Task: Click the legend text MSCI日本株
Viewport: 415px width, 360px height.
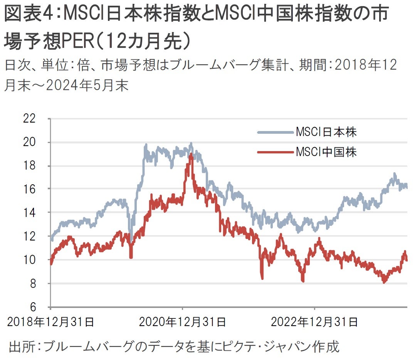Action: click(326, 132)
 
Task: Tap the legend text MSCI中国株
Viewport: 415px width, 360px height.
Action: click(326, 152)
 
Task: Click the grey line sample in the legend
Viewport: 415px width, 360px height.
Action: click(274, 133)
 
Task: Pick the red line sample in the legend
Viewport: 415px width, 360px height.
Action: click(274, 152)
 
